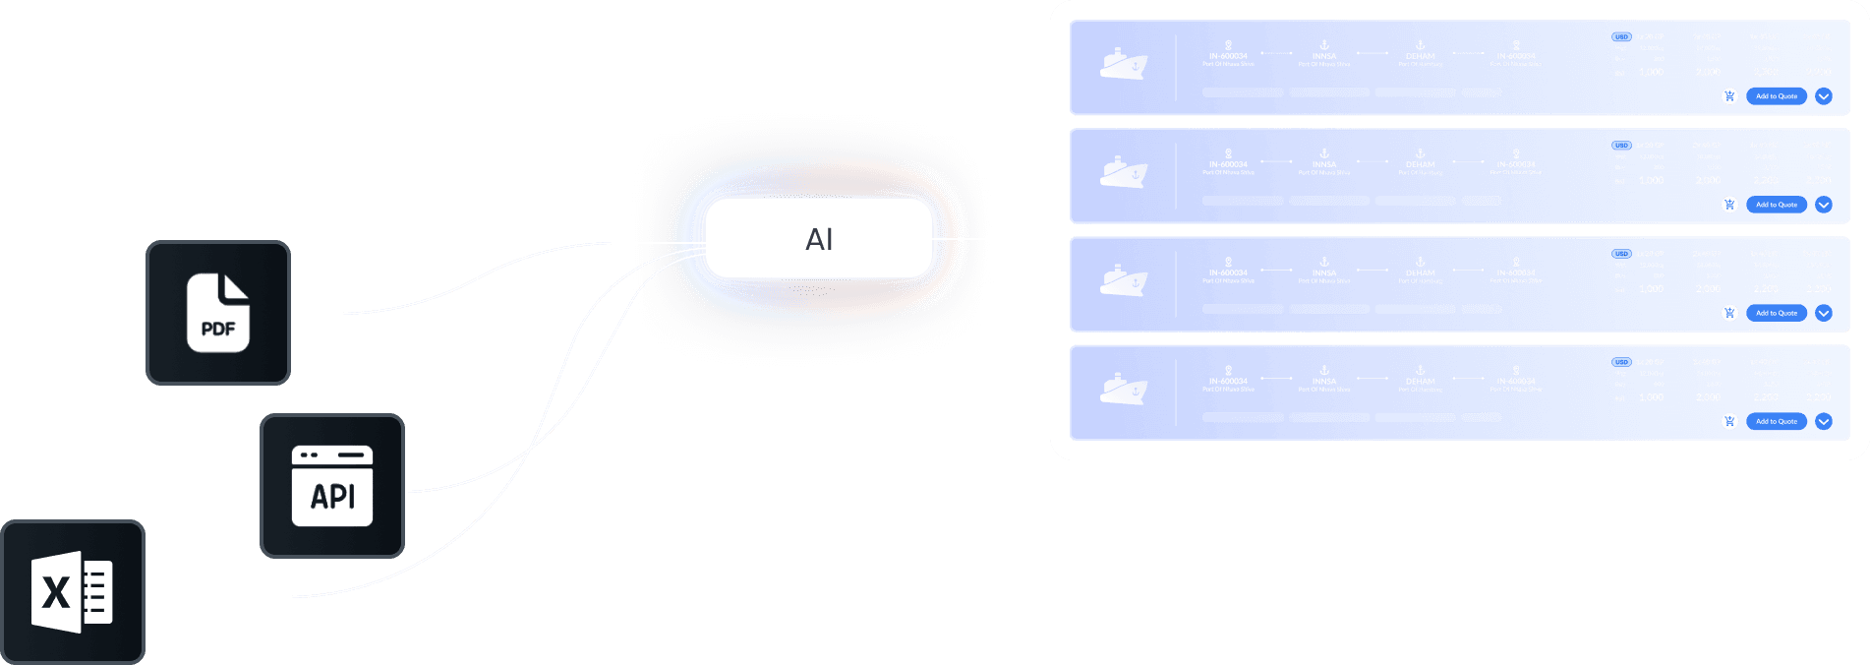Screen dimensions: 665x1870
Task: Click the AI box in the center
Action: pos(819,239)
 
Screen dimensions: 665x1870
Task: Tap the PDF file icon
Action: pos(218,313)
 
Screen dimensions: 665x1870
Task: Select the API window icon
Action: pos(332,486)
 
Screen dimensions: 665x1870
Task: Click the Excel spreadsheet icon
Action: pos(73,592)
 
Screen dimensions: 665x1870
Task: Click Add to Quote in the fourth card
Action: pos(1777,421)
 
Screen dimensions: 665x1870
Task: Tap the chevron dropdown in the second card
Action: pos(1824,205)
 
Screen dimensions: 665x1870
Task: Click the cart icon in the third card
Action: pos(1729,313)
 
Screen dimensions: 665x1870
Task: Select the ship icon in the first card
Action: pos(1124,64)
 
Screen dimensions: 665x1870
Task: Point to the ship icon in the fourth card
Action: pos(1124,389)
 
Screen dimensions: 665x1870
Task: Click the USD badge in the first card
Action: pos(1621,37)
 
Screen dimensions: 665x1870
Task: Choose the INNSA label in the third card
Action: pos(1324,272)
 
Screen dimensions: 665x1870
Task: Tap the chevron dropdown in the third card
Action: pos(1824,313)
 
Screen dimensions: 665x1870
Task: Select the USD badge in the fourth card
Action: pos(1621,362)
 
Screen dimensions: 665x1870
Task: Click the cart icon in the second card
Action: pos(1729,205)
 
